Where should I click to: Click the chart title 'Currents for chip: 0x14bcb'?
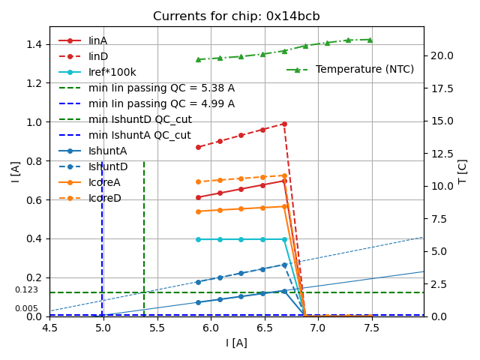pyautogui.click(x=236, y=16)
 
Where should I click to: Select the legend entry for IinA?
pyautogui.click(x=97, y=40)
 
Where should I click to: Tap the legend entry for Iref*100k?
pyautogui.click(x=112, y=72)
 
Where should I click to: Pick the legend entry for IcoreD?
pyautogui.click(x=104, y=198)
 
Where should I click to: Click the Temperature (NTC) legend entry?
pyautogui.click(x=364, y=69)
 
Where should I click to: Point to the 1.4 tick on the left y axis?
pyautogui.click(x=34, y=44)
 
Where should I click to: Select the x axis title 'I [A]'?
pyautogui.click(x=236, y=343)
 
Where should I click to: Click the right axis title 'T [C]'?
pyautogui.click(x=463, y=171)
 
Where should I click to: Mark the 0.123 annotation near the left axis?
pyautogui.click(x=26, y=290)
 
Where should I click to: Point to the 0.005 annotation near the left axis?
pyautogui.click(x=26, y=309)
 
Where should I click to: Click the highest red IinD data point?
pyautogui.click(x=284, y=124)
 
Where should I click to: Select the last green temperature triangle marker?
pyautogui.click(x=370, y=40)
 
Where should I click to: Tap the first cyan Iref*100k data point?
pyautogui.click(x=198, y=239)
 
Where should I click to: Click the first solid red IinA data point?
pyautogui.click(x=198, y=197)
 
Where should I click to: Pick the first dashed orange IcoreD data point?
pyautogui.click(x=198, y=181)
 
